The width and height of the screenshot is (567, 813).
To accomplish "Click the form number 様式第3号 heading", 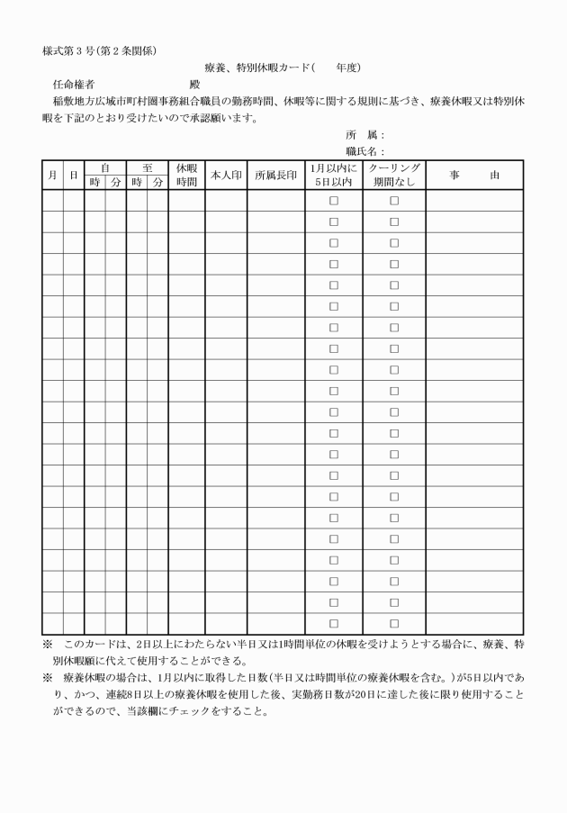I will coord(100,50).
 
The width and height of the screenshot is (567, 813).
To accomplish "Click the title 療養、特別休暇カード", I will coord(257,68).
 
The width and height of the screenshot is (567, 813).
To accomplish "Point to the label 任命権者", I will coord(74,84).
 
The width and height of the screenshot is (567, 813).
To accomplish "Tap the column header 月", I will coord(52,175).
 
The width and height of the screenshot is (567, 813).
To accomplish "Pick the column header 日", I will coord(74,175).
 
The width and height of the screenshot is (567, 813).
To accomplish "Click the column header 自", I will coord(104,167).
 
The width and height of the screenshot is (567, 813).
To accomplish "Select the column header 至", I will coord(147,167).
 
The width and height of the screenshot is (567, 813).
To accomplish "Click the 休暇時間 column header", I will coord(186,175).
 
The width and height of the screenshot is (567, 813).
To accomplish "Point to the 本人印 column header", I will coord(226,175).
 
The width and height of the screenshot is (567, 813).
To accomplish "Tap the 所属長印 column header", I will coord(275,175).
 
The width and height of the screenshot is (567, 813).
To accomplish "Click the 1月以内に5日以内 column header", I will coord(333,175).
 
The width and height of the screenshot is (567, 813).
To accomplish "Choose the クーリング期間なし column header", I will coord(394,175).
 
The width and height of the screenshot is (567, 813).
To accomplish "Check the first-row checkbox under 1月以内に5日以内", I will coord(333,202).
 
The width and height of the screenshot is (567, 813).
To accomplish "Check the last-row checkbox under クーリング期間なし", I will coord(394,623).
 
